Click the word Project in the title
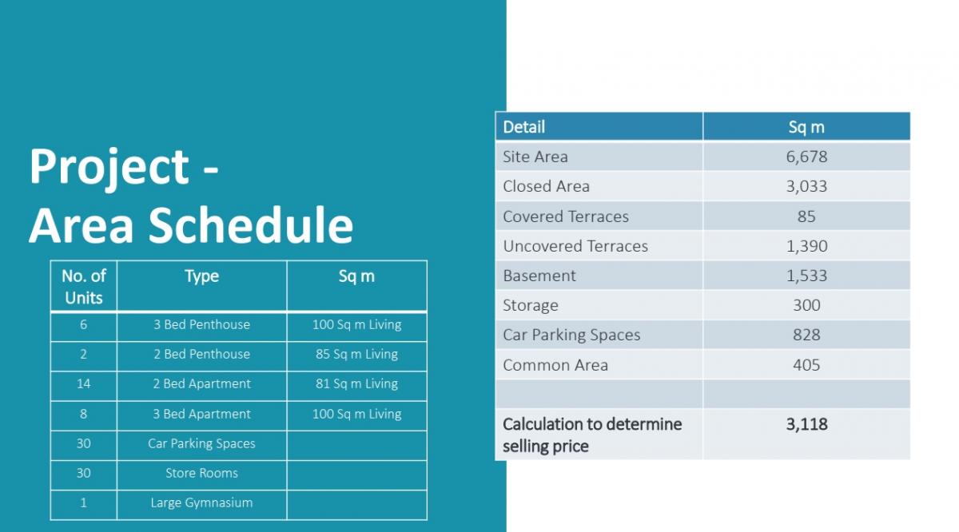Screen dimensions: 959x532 click(109, 168)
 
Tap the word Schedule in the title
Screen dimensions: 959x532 click(251, 224)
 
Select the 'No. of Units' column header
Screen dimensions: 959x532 click(83, 287)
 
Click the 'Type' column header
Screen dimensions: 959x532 click(201, 276)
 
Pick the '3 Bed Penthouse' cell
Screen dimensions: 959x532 click(201, 324)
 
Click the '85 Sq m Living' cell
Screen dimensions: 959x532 click(356, 355)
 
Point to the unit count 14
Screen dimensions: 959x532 click(83, 383)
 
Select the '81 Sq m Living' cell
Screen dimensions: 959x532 click(356, 384)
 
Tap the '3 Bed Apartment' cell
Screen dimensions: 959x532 click(201, 414)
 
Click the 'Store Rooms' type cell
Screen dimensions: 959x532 click(201, 473)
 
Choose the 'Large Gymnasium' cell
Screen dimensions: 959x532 click(201, 502)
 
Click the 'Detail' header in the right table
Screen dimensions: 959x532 click(523, 127)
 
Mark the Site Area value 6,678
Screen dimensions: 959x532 click(806, 157)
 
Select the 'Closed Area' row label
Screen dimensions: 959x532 click(547, 186)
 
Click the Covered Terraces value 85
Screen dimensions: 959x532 click(806, 216)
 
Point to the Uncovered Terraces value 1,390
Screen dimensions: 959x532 click(806, 246)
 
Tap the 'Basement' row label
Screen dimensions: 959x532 click(539, 276)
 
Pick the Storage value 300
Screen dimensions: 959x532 click(806, 305)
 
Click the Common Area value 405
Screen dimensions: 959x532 click(806, 365)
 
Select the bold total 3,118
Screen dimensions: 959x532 click(806, 424)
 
